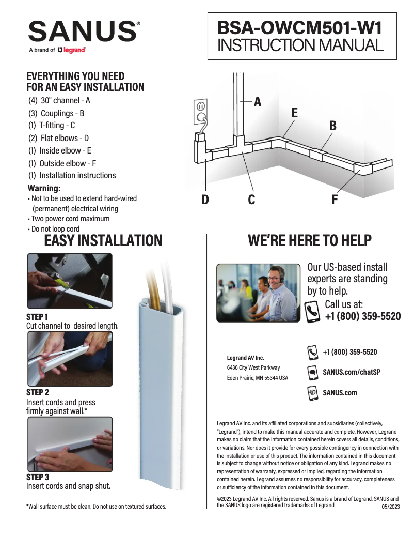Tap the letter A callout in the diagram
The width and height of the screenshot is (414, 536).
tap(257, 102)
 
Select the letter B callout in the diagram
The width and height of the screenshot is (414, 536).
tap(333, 126)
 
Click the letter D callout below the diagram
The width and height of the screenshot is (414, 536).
tap(205, 200)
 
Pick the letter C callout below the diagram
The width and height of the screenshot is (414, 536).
tap(251, 200)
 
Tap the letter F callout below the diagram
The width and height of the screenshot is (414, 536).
tap(335, 200)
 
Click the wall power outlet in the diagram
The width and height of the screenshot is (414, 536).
tap(201, 112)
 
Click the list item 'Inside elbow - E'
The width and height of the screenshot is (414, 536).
tap(60, 150)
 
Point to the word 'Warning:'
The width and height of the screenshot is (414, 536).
tap(44, 188)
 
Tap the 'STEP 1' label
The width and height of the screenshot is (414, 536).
tap(37, 316)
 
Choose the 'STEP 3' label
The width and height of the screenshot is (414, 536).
tap(38, 477)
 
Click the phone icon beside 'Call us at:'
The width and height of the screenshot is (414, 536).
tap(313, 312)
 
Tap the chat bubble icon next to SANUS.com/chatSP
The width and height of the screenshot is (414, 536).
tap(313, 372)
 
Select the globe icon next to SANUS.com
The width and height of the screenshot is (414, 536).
tap(313, 393)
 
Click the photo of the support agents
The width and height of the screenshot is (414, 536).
tap(258, 293)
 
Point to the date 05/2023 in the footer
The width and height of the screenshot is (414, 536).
tap(390, 507)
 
